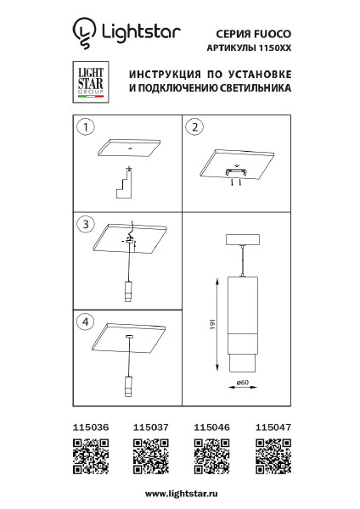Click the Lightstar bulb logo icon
pos(84,33)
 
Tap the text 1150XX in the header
pos(274,48)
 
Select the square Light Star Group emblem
pos(91,82)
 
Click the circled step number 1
pos(86,126)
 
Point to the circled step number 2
pos(194,127)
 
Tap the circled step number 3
pos(86,224)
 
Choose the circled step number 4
pos(86,322)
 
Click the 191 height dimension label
pos(213,324)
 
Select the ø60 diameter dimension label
pos(243,383)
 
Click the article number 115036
pos(91,428)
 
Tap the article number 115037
pos(151,428)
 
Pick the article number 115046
pos(212,428)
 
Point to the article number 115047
pos(273,428)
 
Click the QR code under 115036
pos(91,456)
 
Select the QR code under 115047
pos(273,456)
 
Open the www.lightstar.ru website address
pos(182,494)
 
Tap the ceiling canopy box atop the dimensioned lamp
pos(242,239)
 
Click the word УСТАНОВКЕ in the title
pos(260,75)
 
